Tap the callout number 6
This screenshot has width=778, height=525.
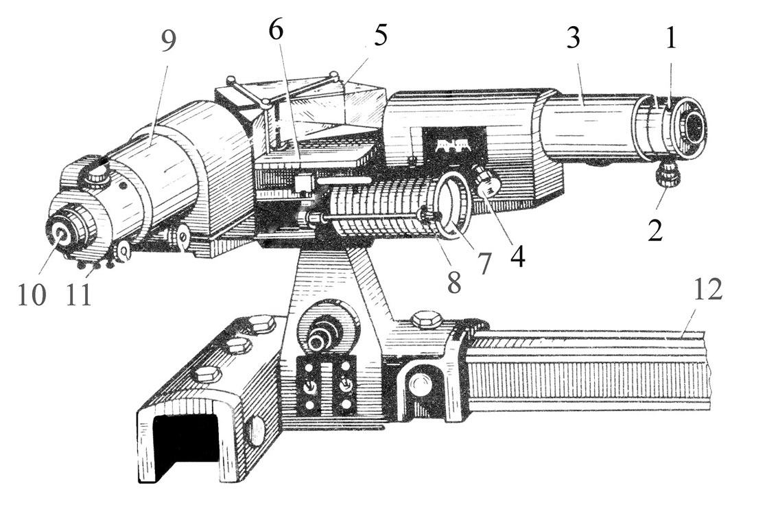pos(276,32)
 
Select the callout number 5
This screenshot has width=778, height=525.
pos(380,38)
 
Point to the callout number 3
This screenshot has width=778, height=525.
pos(573,37)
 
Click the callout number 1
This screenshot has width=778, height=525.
pos(671,37)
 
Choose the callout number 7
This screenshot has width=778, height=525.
pos(483,264)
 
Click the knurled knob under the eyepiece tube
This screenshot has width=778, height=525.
pos(664,176)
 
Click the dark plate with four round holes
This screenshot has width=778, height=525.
pos(327,385)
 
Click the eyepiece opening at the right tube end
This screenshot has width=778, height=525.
pos(694,124)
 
